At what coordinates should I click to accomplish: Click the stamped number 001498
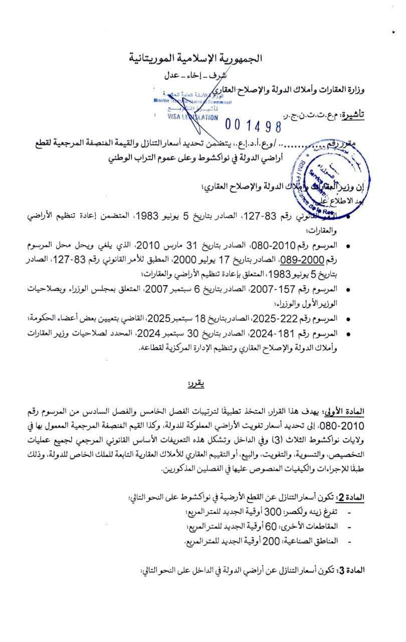[253, 124]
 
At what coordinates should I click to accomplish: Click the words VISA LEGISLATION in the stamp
[193, 117]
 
